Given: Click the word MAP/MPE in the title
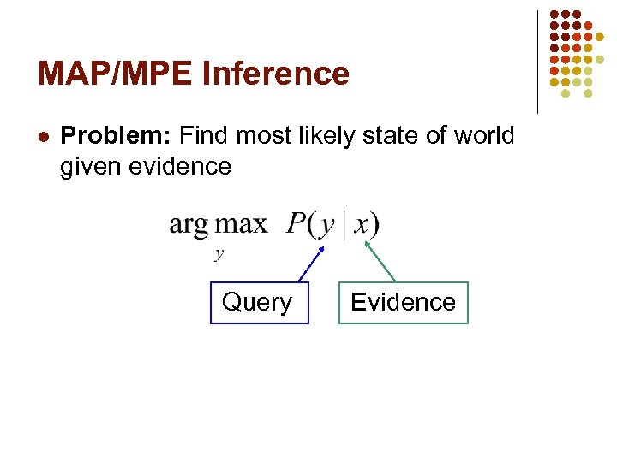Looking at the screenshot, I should coord(115,74).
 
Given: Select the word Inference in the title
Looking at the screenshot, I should coord(276,74).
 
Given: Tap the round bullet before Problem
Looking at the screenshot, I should coord(44,136).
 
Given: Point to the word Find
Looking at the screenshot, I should coord(204,135).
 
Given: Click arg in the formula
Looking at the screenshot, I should coord(189,225).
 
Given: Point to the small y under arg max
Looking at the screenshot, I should coord(219,253).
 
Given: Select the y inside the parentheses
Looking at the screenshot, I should coord(326,227).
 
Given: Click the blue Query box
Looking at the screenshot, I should coord(259,302).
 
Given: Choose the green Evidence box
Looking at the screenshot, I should coord(403,302).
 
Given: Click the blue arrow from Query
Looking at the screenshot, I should coord(311,264).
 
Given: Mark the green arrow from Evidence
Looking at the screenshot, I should coord(380,261).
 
